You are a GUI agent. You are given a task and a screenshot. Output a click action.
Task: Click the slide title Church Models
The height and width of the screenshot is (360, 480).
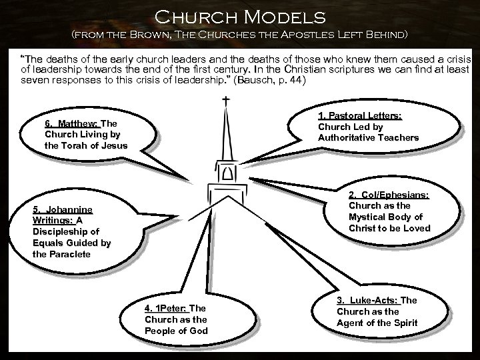point(240,15)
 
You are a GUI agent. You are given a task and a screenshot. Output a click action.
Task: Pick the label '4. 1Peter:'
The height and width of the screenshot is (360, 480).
point(167,308)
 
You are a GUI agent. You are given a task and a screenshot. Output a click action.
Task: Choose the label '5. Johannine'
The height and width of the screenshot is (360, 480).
point(63,209)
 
